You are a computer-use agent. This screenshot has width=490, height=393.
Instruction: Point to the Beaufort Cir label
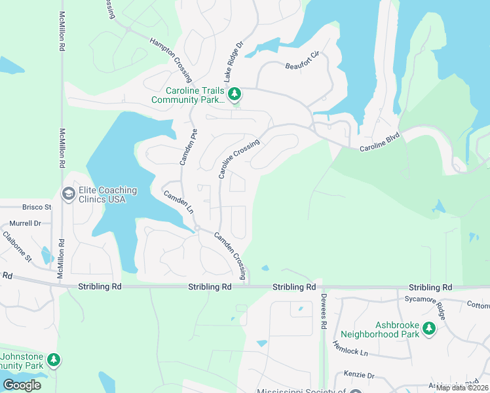301,65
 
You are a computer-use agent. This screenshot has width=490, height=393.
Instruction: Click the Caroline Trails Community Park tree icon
235,96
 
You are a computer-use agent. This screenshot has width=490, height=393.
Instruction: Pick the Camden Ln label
178,201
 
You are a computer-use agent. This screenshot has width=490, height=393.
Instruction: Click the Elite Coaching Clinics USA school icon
67,194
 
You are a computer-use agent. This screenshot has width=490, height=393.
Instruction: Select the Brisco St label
37,206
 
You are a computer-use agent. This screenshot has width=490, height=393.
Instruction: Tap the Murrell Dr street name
26,223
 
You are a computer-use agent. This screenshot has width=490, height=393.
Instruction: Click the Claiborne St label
17,246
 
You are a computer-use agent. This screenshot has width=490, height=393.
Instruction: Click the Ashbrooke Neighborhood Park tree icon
428,328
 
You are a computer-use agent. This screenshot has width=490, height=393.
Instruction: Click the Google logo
22,385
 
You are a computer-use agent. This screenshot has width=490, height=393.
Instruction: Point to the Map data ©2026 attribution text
462,388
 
